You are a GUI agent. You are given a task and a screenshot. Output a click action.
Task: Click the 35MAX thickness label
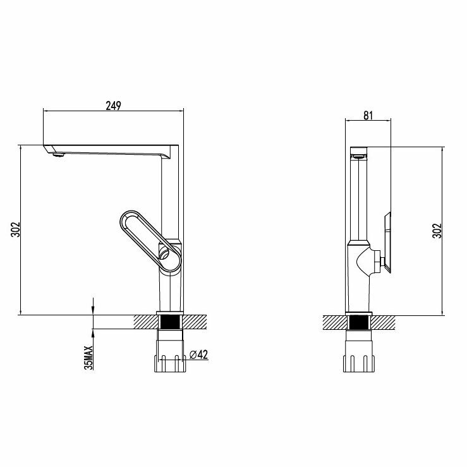(89, 356)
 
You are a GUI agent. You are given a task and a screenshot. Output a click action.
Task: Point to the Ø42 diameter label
(200, 355)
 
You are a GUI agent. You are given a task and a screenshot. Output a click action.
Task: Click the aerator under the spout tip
(58, 154)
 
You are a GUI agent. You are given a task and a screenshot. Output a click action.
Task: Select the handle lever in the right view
(388, 244)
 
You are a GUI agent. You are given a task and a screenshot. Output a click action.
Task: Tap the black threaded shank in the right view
(359, 322)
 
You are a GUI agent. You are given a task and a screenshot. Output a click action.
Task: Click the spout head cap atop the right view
(358, 151)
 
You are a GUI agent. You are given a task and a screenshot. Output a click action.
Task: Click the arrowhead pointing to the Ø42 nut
(188, 355)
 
